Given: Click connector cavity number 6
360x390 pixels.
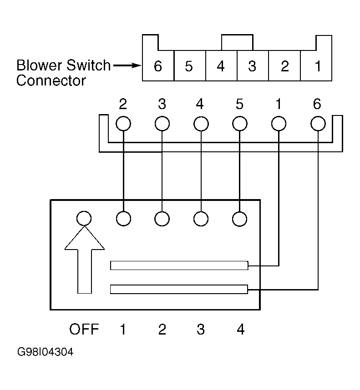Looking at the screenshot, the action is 158,66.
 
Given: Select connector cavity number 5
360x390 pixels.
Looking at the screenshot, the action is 190,66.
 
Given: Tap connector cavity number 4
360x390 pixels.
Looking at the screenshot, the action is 221,66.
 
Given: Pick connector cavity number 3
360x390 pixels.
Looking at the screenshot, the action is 253,66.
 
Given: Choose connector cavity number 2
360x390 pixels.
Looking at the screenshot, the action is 284,66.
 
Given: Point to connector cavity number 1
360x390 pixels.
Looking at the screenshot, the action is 316,66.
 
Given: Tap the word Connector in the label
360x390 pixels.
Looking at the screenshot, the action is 51,80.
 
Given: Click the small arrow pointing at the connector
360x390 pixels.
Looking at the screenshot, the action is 127,65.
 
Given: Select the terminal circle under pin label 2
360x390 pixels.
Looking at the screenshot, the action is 123,124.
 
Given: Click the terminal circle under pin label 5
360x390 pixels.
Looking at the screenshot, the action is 240,124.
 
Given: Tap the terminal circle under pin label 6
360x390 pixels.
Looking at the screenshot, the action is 318,124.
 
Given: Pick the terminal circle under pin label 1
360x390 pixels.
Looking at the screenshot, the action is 279,124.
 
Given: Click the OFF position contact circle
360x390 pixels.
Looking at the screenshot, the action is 84,218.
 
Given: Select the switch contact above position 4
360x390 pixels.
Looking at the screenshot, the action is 240,219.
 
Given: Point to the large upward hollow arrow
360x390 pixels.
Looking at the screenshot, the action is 85,260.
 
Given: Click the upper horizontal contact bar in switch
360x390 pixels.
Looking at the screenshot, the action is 179,265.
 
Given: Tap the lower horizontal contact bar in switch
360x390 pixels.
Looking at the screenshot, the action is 179,289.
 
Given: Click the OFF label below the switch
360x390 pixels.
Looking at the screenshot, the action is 84,329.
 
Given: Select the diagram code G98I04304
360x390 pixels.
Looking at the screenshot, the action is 46,352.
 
